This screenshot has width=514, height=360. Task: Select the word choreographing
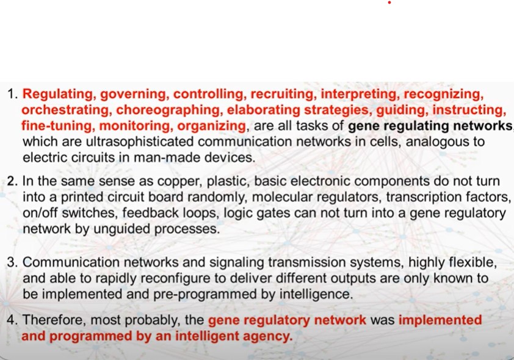[x=168, y=110]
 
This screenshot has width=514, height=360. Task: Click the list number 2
[x=12, y=181]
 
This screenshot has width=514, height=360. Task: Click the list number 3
[x=12, y=262]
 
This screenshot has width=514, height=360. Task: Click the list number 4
[x=12, y=320]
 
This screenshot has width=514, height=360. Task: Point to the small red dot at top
[x=389, y=2]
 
